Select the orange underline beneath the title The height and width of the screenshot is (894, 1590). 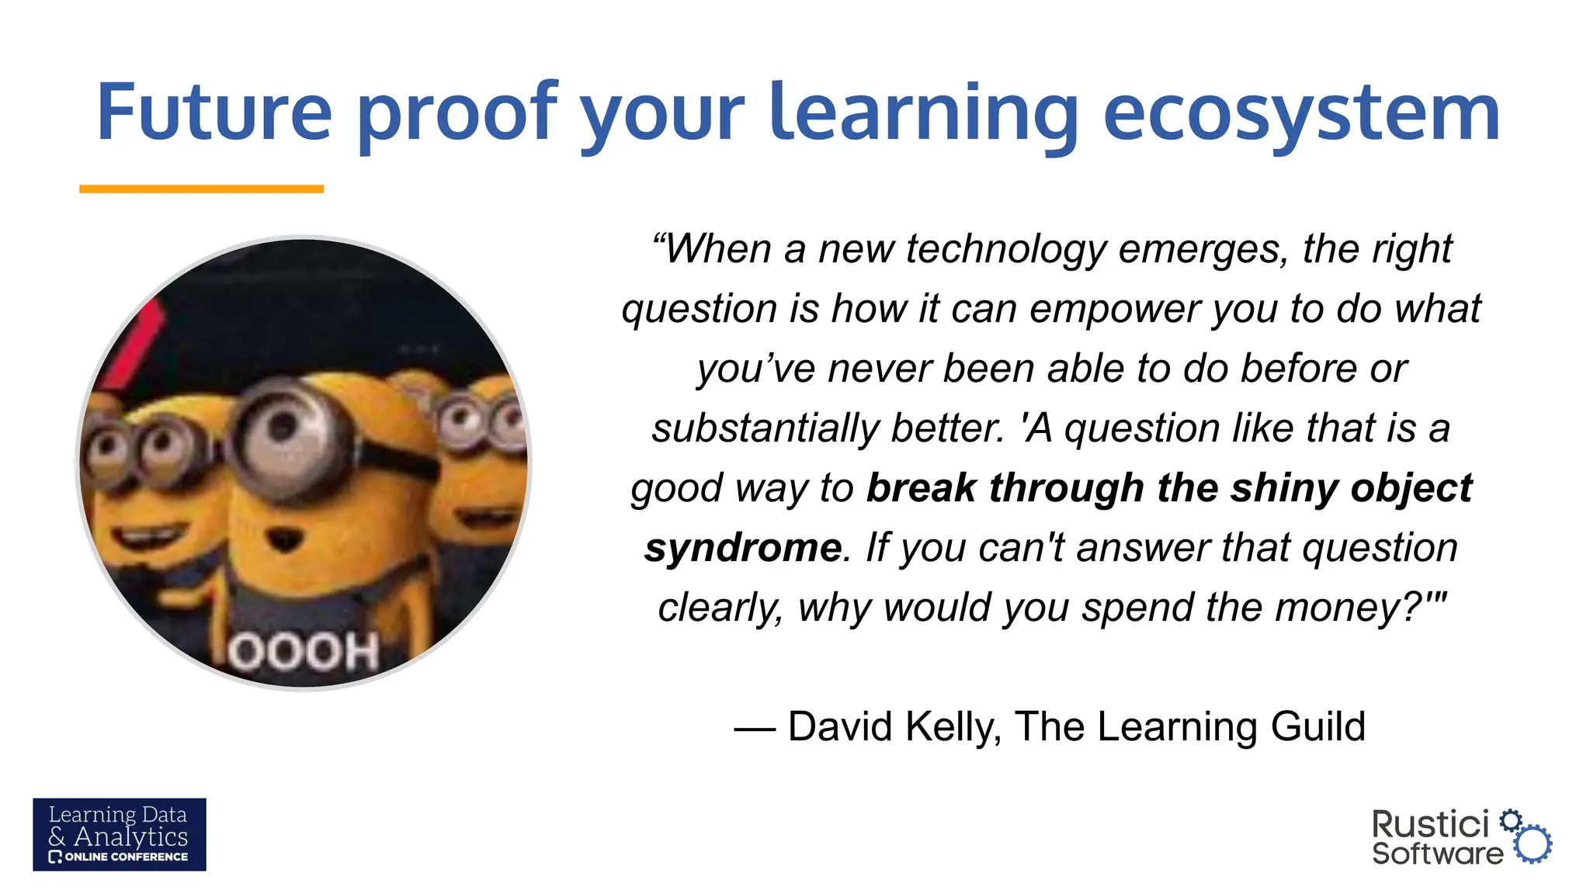click(x=201, y=189)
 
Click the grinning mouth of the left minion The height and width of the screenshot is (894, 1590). click(x=148, y=535)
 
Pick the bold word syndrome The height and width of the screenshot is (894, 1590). click(x=742, y=548)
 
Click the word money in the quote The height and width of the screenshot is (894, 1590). click(x=1335, y=608)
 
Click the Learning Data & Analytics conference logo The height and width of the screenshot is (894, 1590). click(x=120, y=834)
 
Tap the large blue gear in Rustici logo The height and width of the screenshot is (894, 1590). click(x=1533, y=844)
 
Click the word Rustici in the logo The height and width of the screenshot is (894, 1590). click(x=1430, y=824)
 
